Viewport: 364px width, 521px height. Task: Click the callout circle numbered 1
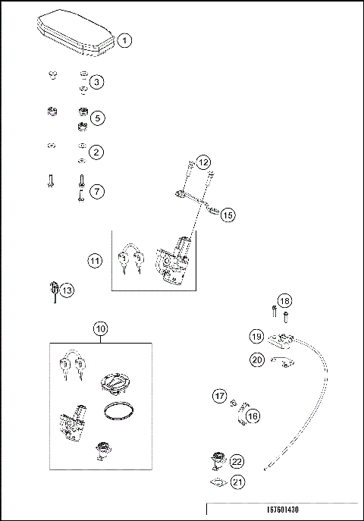(x=125, y=39)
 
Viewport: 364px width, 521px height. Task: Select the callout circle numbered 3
(x=97, y=81)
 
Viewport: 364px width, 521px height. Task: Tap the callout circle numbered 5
(x=97, y=118)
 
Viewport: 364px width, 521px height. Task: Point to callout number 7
(x=97, y=191)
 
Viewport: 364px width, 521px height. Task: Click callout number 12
(x=203, y=163)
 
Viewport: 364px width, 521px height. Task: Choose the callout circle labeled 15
(x=228, y=215)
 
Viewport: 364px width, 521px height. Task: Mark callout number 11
(x=95, y=262)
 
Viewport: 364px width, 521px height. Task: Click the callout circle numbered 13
(x=67, y=290)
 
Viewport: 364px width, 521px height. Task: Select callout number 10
(x=100, y=328)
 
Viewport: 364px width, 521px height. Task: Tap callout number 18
(x=284, y=301)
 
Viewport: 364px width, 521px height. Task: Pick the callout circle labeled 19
(x=256, y=336)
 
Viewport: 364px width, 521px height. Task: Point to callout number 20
(x=256, y=359)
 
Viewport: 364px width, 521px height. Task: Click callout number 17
(x=219, y=396)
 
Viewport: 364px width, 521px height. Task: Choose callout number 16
(x=253, y=416)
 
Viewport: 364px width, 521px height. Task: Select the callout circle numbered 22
(x=237, y=461)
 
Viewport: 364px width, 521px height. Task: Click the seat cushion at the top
(x=76, y=35)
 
